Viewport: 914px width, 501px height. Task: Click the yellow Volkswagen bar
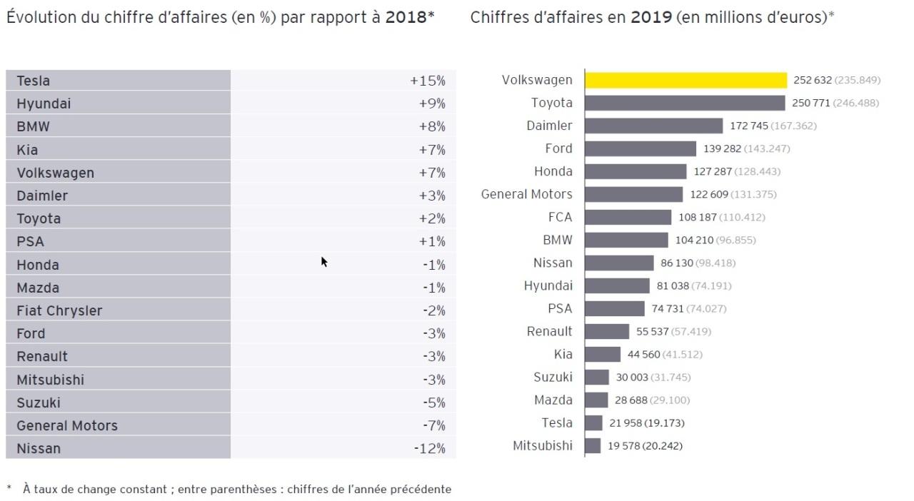685,80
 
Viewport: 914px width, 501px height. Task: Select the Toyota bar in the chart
685,103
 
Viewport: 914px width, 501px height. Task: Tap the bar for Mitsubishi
593,446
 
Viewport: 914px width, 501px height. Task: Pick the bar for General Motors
634,194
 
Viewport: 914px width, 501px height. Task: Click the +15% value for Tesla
427,81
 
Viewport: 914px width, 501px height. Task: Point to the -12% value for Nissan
429,449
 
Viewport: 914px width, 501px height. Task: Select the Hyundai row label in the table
44,103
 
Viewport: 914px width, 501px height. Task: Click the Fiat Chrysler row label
59,310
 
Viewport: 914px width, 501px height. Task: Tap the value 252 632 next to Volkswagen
813,80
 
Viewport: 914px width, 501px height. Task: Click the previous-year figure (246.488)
856,103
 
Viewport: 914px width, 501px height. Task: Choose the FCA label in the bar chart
560,217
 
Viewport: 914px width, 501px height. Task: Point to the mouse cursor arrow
323,261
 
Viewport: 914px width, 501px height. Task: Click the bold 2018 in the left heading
406,17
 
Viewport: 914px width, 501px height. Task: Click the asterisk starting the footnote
9,489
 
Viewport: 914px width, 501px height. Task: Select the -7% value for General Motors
433,425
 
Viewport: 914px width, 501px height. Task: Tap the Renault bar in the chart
607,331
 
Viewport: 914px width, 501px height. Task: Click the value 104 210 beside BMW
694,240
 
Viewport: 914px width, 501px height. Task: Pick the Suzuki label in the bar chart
553,377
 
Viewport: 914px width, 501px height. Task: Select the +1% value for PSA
432,241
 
